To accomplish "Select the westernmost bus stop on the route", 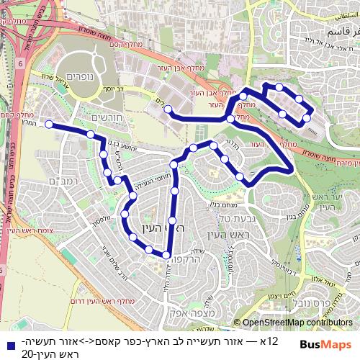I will click(x=49, y=125).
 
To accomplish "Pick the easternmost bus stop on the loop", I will click(x=308, y=117).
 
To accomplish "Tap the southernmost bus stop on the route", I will click(x=166, y=256).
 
